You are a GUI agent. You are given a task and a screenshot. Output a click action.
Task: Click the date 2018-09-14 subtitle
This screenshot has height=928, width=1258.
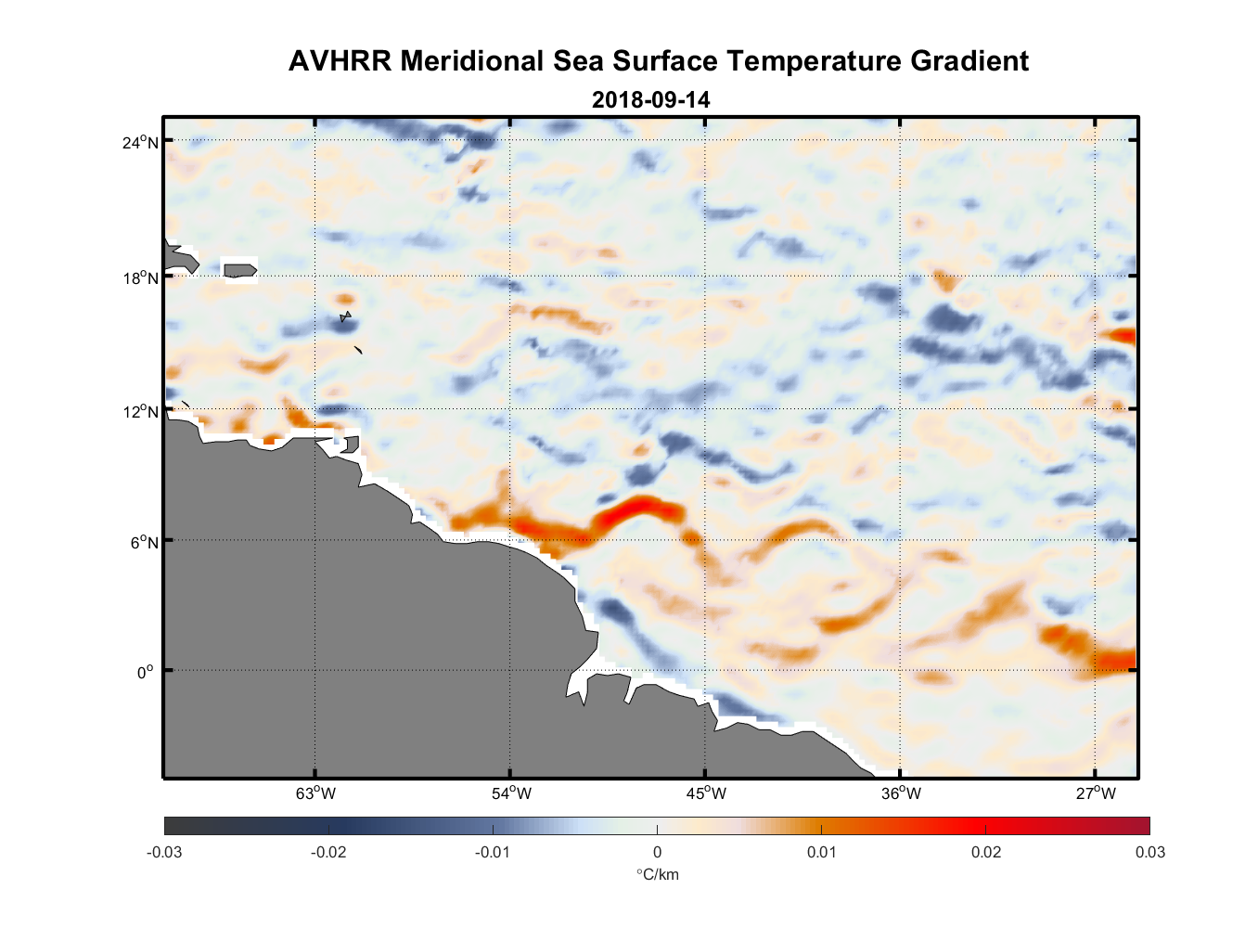pyautogui.click(x=650, y=99)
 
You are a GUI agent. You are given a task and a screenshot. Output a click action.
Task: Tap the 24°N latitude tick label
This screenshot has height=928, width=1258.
pyautogui.click(x=140, y=142)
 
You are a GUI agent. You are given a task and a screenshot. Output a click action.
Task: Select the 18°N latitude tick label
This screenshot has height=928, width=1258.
pyautogui.click(x=140, y=277)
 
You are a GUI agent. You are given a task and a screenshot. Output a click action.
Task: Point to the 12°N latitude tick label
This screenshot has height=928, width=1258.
pyautogui.click(x=140, y=411)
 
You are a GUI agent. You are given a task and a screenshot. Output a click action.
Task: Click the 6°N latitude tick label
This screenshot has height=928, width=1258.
pyautogui.click(x=144, y=542)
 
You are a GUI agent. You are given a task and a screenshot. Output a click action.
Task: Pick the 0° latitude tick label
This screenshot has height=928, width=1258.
pyautogui.click(x=145, y=672)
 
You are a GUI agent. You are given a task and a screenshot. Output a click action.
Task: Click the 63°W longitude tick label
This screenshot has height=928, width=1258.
pyautogui.click(x=315, y=793)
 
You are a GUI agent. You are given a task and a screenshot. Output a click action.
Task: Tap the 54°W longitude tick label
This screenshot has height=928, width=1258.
pyautogui.click(x=511, y=793)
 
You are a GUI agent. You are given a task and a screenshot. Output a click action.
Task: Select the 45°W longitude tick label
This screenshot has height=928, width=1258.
pyautogui.click(x=706, y=793)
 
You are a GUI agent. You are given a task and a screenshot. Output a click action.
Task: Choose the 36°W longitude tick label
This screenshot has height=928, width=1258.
pyautogui.click(x=901, y=793)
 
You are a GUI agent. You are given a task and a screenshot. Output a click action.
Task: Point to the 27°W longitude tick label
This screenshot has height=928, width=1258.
pyautogui.click(x=1096, y=793)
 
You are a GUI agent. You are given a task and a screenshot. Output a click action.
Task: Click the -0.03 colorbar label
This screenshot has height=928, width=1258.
pyautogui.click(x=164, y=852)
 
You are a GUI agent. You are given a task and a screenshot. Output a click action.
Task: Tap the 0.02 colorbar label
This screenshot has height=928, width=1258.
pyautogui.click(x=986, y=852)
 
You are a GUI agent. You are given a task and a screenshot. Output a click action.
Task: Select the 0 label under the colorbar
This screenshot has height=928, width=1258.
pyautogui.click(x=657, y=852)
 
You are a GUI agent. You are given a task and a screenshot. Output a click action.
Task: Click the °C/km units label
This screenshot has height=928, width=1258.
pyautogui.click(x=657, y=874)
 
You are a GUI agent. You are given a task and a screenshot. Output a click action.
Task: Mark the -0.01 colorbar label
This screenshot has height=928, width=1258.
pyautogui.click(x=493, y=852)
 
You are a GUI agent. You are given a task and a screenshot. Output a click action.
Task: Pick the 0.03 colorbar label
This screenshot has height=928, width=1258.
pyautogui.click(x=1149, y=852)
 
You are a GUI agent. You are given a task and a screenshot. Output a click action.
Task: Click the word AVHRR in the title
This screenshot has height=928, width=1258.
pyautogui.click(x=340, y=61)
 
